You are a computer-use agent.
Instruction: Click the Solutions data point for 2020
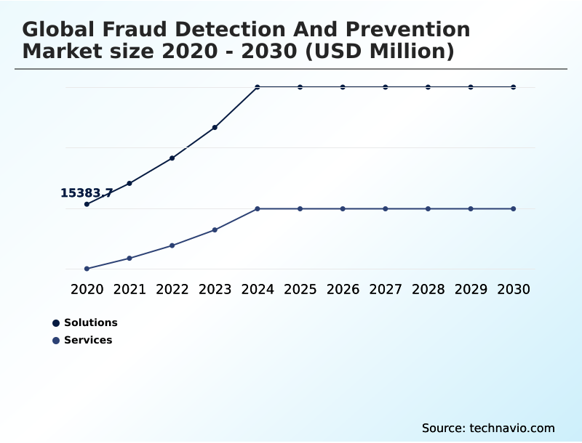(87, 204)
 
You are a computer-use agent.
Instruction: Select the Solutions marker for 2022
(172, 158)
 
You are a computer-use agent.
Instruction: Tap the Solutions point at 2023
(215, 127)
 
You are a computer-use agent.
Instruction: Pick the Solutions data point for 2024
(258, 87)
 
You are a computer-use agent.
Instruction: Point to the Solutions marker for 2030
(514, 87)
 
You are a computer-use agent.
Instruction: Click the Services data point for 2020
(87, 269)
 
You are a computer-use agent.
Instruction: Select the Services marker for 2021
(129, 258)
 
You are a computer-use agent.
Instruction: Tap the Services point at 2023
(215, 229)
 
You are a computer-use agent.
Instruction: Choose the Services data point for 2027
(386, 208)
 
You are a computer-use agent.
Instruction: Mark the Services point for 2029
(471, 208)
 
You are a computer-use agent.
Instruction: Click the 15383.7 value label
(86, 193)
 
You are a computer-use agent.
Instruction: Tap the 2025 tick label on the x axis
(300, 289)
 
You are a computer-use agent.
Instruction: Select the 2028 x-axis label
(428, 289)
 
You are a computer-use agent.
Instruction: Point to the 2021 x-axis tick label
(129, 289)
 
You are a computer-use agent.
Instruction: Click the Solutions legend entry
(90, 322)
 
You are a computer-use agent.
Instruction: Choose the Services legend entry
(88, 340)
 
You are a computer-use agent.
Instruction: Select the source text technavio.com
(512, 428)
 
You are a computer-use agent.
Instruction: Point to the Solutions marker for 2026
(343, 87)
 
